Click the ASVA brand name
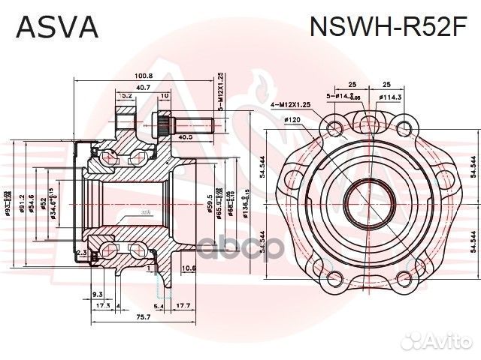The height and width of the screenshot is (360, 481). point(57,27)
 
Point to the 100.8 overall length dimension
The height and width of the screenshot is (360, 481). point(144,76)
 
